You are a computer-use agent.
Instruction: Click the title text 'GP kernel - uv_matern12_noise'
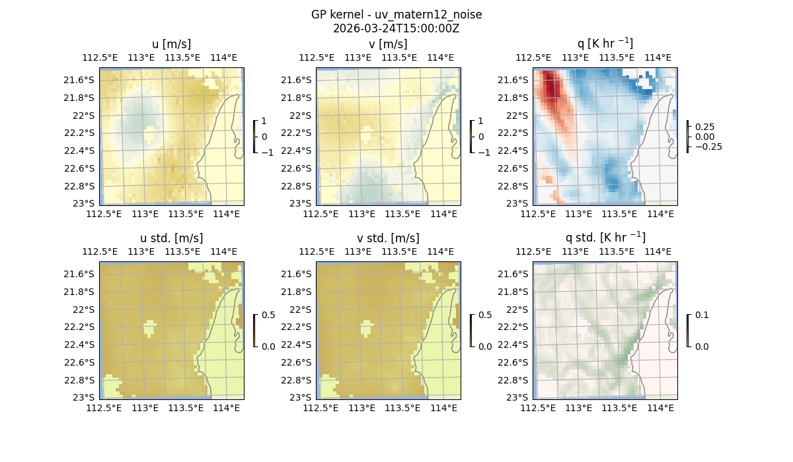point(396,15)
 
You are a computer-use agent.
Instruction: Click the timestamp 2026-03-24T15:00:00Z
point(396,28)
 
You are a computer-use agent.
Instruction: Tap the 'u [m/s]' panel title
point(171,44)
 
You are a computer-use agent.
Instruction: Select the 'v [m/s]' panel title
point(388,44)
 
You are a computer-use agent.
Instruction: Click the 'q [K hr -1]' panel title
point(605,44)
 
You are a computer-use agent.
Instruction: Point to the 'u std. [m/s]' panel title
point(171,238)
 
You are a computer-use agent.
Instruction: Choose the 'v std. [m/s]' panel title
point(388,238)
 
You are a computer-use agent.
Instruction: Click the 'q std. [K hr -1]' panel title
point(605,238)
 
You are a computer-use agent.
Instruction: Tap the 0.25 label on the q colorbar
point(704,126)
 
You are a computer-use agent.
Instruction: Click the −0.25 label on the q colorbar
point(708,147)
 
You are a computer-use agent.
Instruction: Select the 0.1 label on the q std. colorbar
point(700,315)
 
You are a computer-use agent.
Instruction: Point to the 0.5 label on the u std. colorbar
point(268,315)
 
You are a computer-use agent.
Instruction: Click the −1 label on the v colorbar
point(485,152)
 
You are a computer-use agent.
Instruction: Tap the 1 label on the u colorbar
point(265,121)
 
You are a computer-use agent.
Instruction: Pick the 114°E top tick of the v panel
point(441,57)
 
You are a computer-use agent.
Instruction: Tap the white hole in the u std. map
point(149,328)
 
